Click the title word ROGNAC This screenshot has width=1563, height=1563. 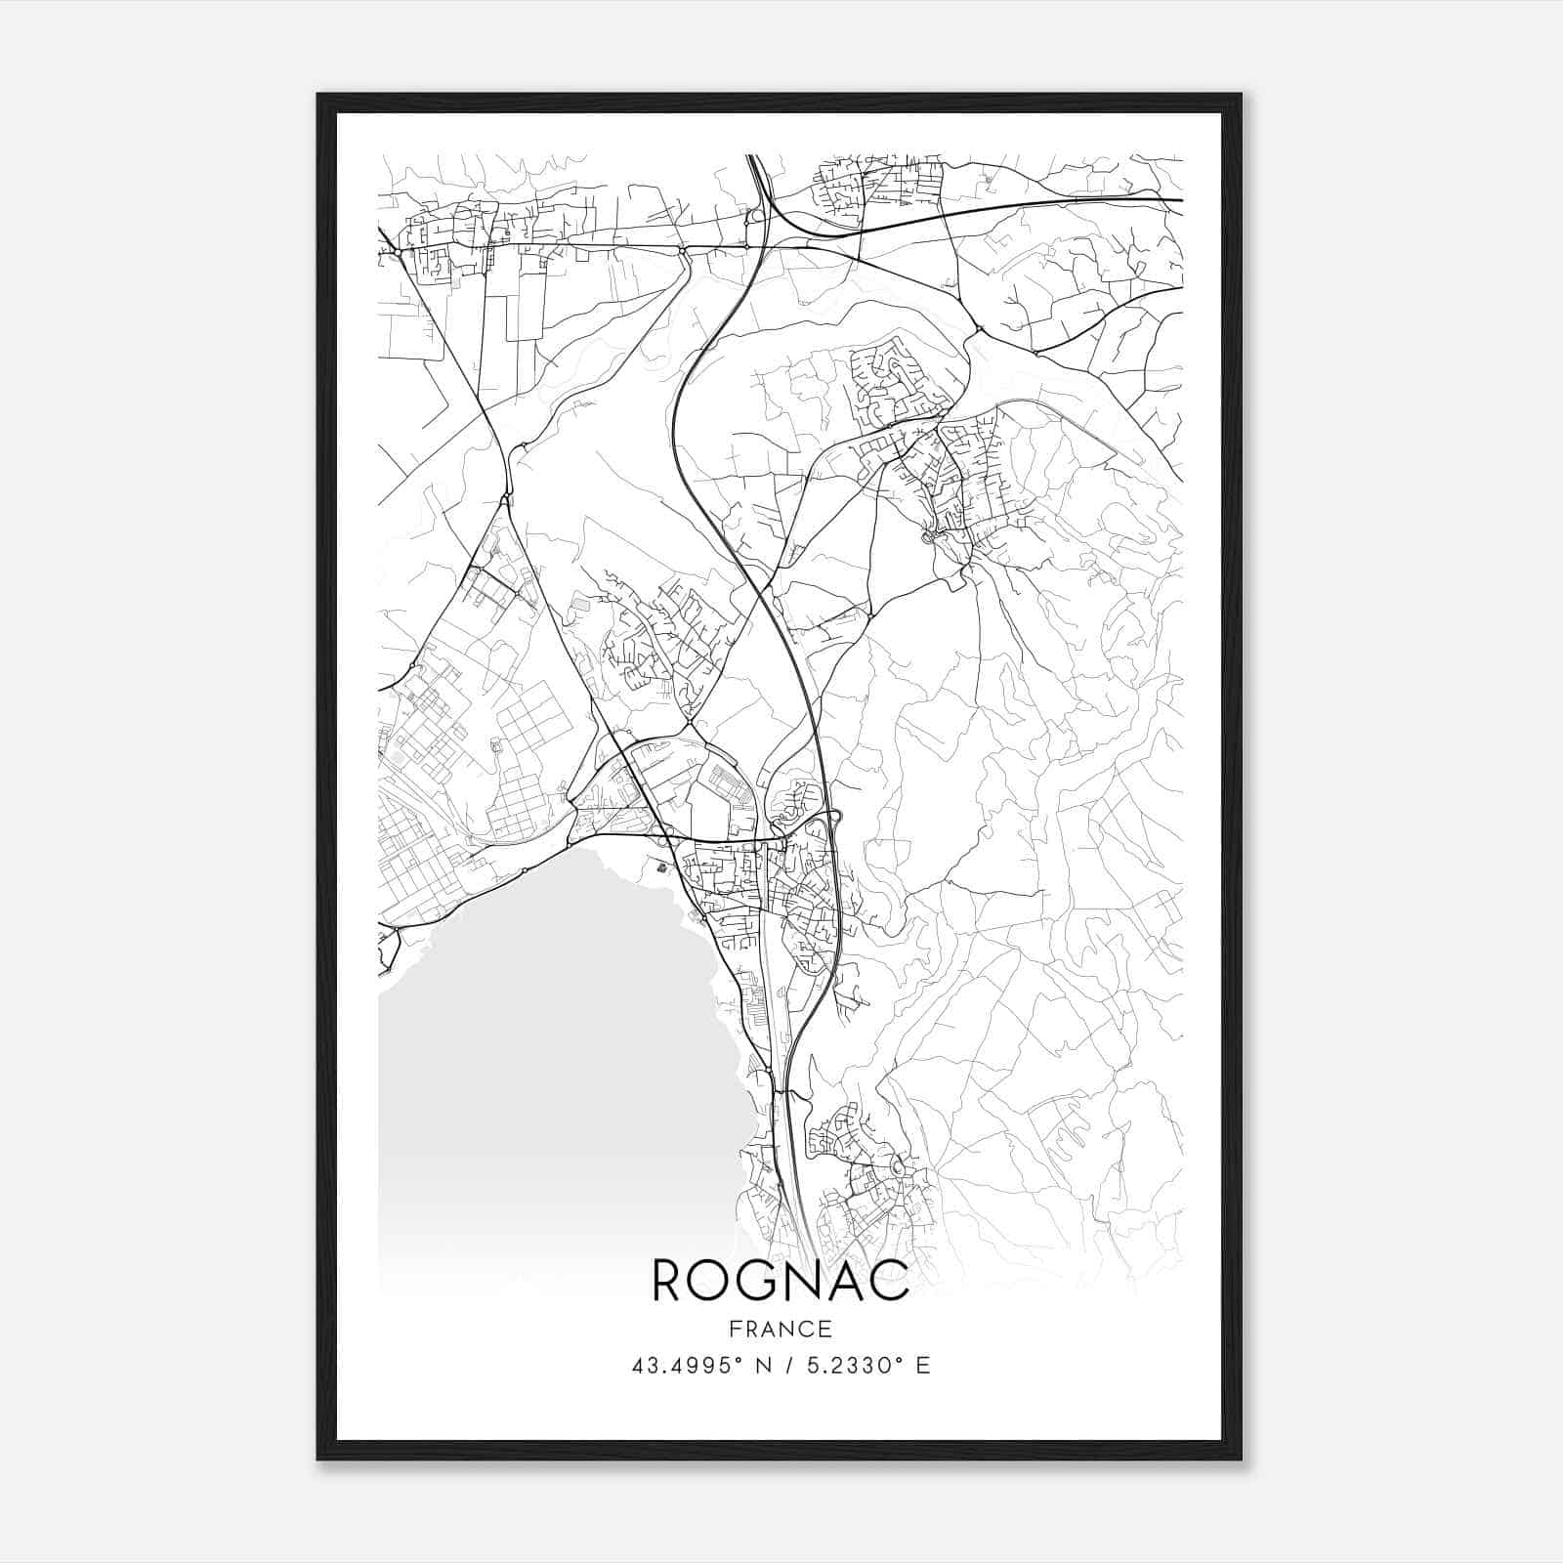click(781, 1281)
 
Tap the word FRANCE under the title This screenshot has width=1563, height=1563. click(781, 1329)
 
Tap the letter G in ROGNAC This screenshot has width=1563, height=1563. click(757, 1281)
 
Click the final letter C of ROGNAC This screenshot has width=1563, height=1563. click(890, 1281)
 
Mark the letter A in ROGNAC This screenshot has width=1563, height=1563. click(845, 1281)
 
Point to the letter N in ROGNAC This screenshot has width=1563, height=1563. click(802, 1281)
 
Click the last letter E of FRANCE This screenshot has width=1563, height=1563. click(826, 1329)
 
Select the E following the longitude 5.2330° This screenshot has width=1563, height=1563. click(922, 1366)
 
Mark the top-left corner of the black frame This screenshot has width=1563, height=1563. click(318, 95)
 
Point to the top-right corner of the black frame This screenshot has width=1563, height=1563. click(1241, 95)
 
